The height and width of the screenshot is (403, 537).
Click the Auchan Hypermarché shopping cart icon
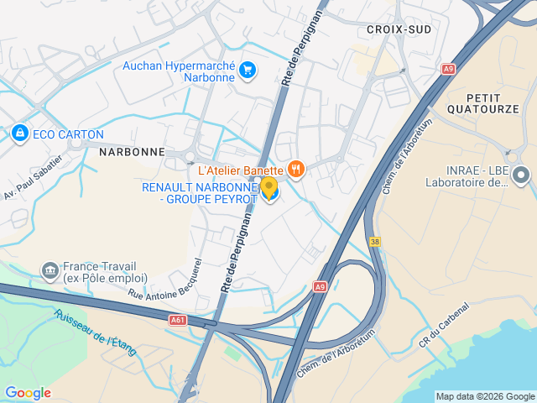(247, 70)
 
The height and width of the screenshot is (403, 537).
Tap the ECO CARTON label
(68, 134)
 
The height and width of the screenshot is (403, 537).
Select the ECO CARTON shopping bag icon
(19, 133)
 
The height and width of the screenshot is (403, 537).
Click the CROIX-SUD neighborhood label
(399, 29)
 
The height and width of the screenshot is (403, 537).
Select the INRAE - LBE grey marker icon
(521, 175)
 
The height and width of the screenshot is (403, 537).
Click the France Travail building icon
(50, 271)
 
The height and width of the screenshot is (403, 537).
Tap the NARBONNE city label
(132, 152)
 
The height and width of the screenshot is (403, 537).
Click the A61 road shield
(177, 319)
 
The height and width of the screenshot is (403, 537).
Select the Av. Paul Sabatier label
(34, 177)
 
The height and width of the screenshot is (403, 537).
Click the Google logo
(28, 393)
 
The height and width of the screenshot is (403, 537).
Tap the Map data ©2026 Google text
(485, 396)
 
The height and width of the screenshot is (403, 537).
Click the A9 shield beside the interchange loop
(320, 286)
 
